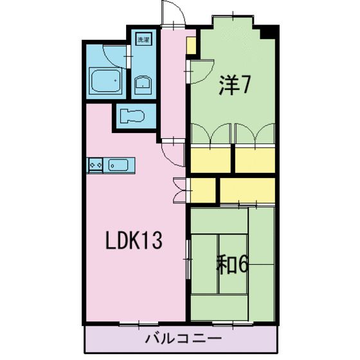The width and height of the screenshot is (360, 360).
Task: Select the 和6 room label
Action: point(232,264)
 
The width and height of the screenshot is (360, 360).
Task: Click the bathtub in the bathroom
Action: point(105,81)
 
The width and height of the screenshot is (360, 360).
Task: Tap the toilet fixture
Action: point(133,116)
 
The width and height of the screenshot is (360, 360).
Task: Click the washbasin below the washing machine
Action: point(143,84)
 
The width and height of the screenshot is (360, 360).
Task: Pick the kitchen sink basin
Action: point(118,165)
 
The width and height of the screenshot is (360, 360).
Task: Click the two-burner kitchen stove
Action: point(96,165)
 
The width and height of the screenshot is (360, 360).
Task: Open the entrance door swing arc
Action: point(171,13)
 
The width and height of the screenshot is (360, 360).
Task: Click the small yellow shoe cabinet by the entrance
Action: point(191,46)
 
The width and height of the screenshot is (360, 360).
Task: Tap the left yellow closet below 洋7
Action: point(210,159)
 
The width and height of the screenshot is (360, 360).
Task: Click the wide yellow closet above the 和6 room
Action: point(248,190)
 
